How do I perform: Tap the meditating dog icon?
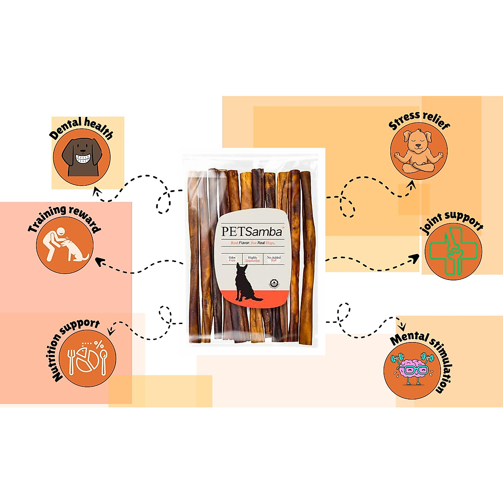coord(418,151)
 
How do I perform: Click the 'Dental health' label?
coord(81,127)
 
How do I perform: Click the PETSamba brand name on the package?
coord(251,231)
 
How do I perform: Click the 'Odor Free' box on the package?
coord(232,259)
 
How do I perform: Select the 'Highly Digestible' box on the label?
coord(253,259)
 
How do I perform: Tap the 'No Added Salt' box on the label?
coord(274,259)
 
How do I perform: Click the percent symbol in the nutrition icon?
coord(99,345)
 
